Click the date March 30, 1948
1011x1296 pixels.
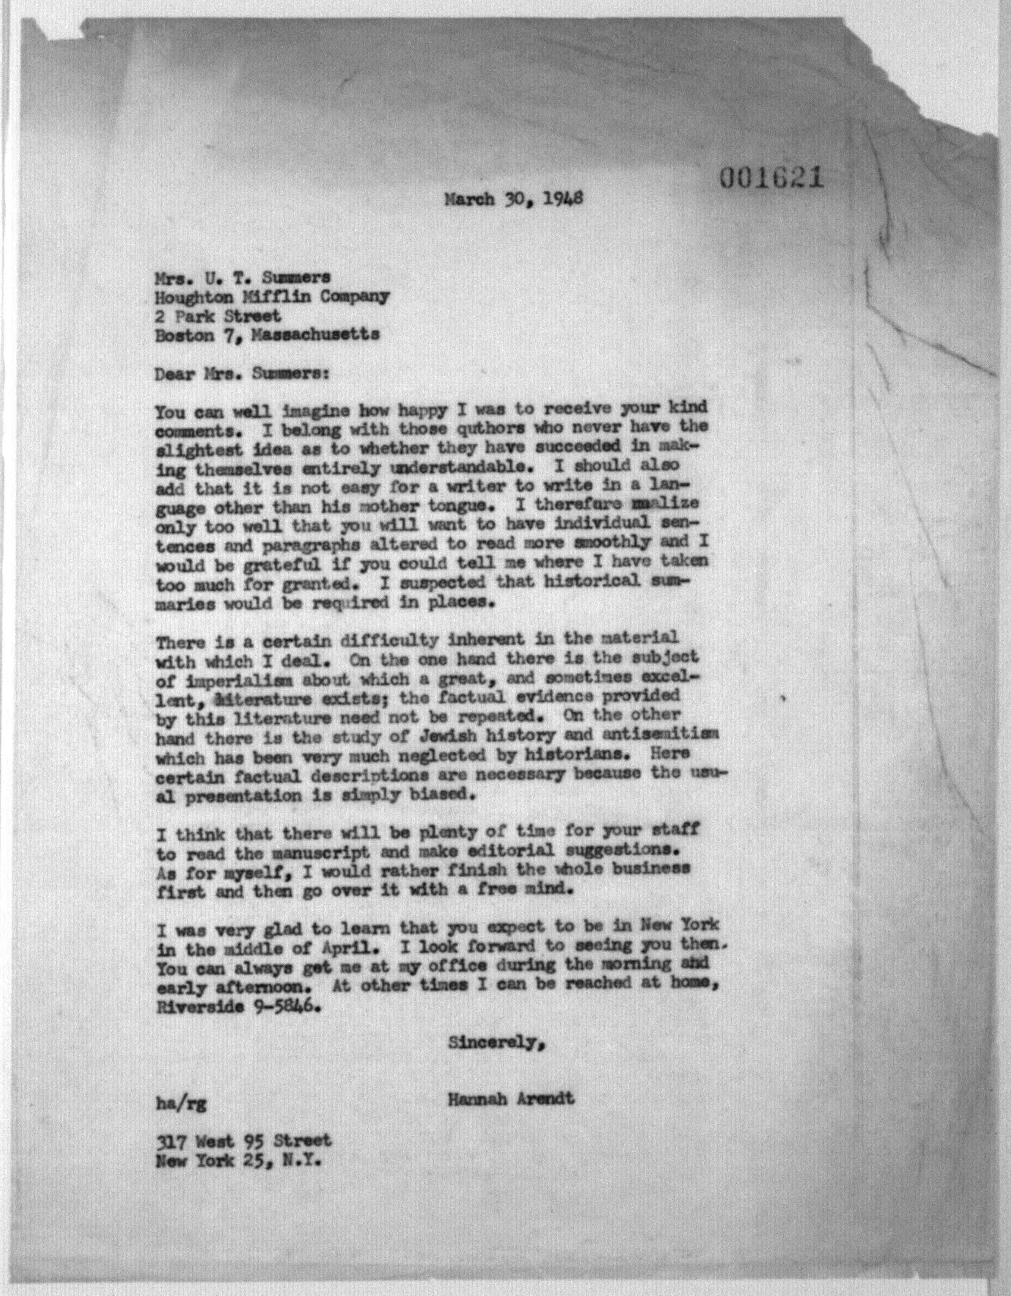[x=514, y=199]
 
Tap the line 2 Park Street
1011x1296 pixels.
[x=218, y=316]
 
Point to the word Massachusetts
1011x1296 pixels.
[x=316, y=335]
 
